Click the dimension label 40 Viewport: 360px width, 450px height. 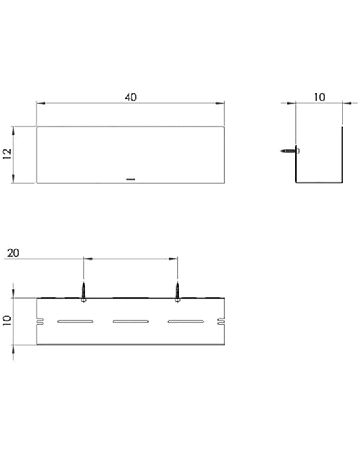131,97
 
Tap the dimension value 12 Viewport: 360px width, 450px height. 7,154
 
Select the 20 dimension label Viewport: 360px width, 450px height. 13,253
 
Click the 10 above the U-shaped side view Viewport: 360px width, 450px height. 319,97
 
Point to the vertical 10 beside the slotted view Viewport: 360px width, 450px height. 7,321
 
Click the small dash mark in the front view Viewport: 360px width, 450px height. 131,179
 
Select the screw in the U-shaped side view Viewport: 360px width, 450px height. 290,151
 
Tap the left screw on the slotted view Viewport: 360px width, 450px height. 83,292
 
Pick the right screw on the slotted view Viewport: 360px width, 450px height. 177,292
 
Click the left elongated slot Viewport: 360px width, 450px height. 75,321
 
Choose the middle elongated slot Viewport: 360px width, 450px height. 131,321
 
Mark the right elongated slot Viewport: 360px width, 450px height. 186,321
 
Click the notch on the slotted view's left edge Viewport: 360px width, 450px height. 40,321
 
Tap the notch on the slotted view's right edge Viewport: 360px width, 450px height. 221,321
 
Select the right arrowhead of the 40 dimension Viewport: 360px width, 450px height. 220,103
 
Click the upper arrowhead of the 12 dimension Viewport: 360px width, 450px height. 13,131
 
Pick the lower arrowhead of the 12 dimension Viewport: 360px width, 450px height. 13,179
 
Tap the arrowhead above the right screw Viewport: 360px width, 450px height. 173,259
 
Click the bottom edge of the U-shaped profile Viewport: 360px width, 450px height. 319,183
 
